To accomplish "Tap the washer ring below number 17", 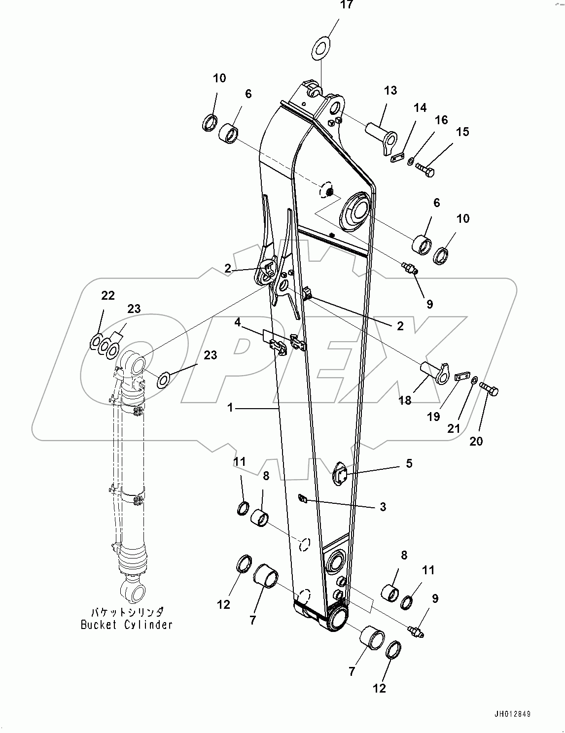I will pyautogui.click(x=321, y=48).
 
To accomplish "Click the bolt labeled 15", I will pyautogui.click(x=425, y=169).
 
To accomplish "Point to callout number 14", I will pyautogui.click(x=420, y=108).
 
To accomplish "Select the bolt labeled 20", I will pyautogui.click(x=489, y=391).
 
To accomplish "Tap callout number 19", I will pyautogui.click(x=433, y=417).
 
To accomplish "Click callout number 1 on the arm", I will pyautogui.click(x=230, y=408).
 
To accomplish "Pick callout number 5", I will pyautogui.click(x=409, y=463).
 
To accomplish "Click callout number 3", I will pyautogui.click(x=383, y=506).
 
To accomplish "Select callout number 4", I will pyautogui.click(x=238, y=323).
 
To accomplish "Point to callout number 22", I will pyautogui.click(x=108, y=295).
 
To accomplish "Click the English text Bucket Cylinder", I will pyautogui.click(x=127, y=625).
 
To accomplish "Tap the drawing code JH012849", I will pyautogui.click(x=512, y=714).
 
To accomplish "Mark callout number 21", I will pyautogui.click(x=454, y=428).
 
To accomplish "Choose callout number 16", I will pyautogui.click(x=441, y=120).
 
